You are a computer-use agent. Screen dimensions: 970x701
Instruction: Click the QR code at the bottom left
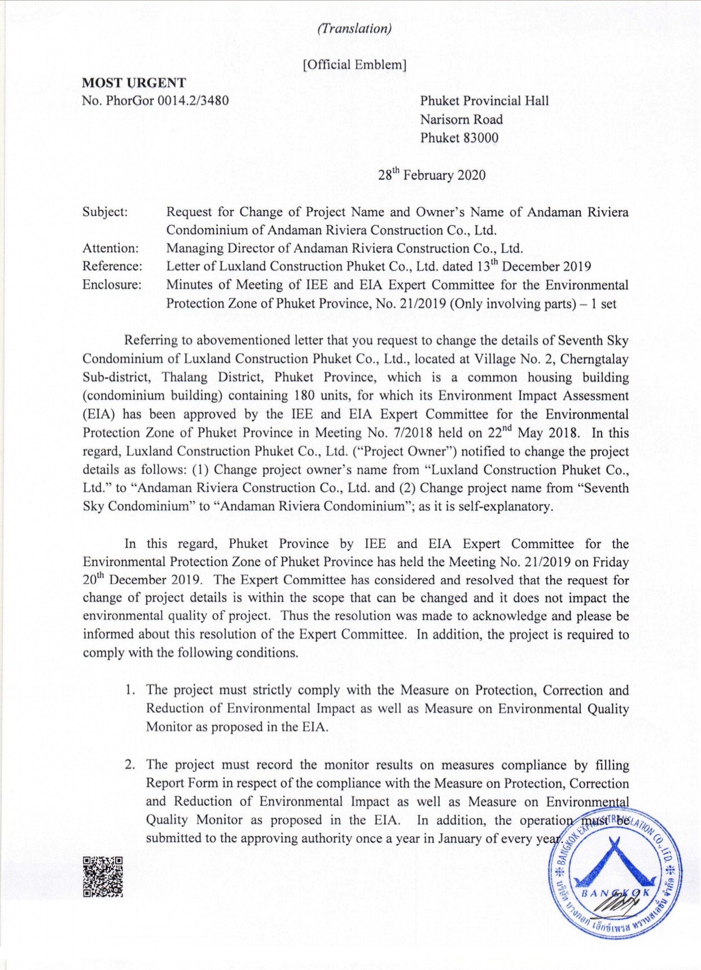pos(103,876)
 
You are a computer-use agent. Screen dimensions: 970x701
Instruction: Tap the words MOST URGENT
pos(134,82)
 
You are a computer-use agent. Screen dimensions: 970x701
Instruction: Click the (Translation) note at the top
pos(354,29)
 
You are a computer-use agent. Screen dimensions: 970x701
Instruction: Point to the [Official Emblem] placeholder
pos(354,64)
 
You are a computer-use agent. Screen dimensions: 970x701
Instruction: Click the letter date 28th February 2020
pos(431,175)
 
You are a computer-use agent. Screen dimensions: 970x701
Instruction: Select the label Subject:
pos(105,212)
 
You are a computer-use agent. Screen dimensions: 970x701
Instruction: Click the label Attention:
pos(110,248)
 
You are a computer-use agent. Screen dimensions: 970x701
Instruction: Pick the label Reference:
pos(112,266)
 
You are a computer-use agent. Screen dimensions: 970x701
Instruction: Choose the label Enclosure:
pos(112,284)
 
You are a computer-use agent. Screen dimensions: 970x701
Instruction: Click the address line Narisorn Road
pos(461,120)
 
